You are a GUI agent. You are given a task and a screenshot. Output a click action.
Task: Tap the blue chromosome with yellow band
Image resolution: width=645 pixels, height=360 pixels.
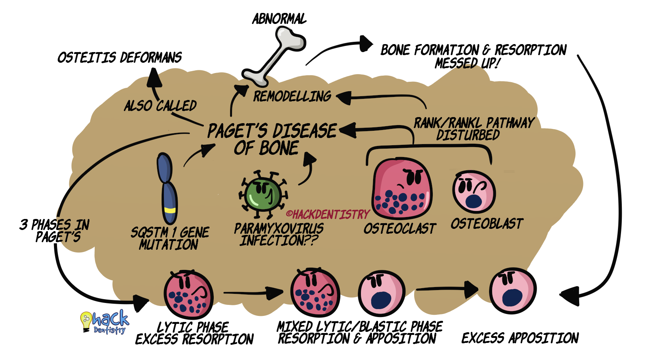tap(167, 188)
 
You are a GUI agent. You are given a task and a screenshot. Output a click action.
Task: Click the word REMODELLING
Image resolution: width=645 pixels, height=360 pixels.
tap(292, 97)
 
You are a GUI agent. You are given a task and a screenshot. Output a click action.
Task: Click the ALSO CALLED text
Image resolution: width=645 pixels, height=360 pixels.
tap(160, 106)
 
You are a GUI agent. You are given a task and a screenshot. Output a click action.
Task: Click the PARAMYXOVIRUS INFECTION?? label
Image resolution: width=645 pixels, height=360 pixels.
tap(278, 235)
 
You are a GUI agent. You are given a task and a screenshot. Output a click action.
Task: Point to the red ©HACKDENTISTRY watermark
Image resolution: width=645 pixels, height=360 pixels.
tap(327, 215)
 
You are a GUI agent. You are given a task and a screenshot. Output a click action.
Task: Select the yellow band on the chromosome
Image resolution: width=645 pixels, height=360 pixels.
tap(170, 210)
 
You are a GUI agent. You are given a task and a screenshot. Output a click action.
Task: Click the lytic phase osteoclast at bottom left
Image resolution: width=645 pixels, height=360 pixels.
tap(188, 294)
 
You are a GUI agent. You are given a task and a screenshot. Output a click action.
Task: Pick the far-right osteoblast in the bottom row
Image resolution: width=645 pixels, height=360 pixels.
tap(512, 290)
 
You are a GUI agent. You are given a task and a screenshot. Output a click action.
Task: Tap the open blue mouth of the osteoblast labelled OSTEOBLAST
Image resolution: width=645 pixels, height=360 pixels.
tap(473, 201)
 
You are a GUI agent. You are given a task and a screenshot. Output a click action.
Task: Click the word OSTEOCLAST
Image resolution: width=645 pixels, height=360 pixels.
tap(399, 229)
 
